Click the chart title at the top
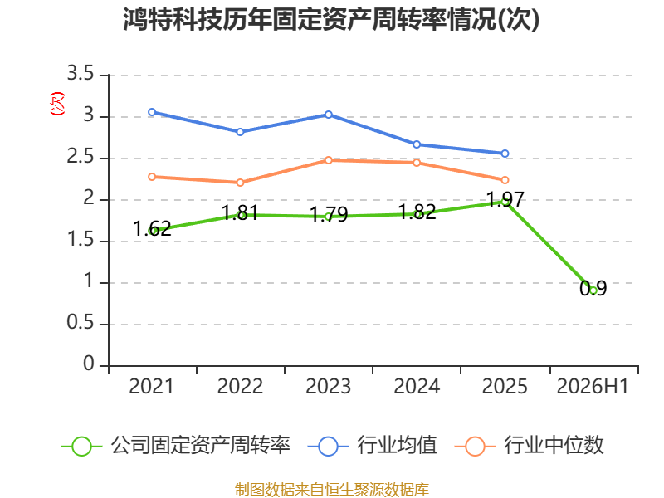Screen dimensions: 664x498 click(x=331, y=19)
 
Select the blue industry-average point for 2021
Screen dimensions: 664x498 click(x=152, y=112)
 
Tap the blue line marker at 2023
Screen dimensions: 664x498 click(x=329, y=115)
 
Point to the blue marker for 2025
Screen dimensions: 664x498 click(x=505, y=154)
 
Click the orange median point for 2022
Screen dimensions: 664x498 click(x=240, y=183)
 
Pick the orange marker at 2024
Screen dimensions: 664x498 click(x=417, y=163)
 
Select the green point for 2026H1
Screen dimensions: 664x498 click(x=593, y=290)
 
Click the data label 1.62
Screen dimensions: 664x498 click(x=152, y=229)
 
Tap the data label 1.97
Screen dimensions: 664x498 click(x=505, y=199)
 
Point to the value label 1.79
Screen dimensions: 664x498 click(x=329, y=214)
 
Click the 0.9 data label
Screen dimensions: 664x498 click(x=593, y=288)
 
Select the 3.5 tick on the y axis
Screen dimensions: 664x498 click(x=81, y=73)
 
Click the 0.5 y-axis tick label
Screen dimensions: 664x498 click(x=81, y=322)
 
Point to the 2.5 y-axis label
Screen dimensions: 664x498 click(x=81, y=156)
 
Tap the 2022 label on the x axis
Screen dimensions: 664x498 click(x=240, y=386)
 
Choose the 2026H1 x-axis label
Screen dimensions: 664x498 click(x=593, y=386)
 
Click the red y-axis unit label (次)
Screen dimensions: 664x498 click(x=57, y=104)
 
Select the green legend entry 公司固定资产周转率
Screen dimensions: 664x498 click(x=175, y=446)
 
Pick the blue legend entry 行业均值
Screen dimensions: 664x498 click(x=372, y=446)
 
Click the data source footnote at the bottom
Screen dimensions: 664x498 click(x=332, y=489)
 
